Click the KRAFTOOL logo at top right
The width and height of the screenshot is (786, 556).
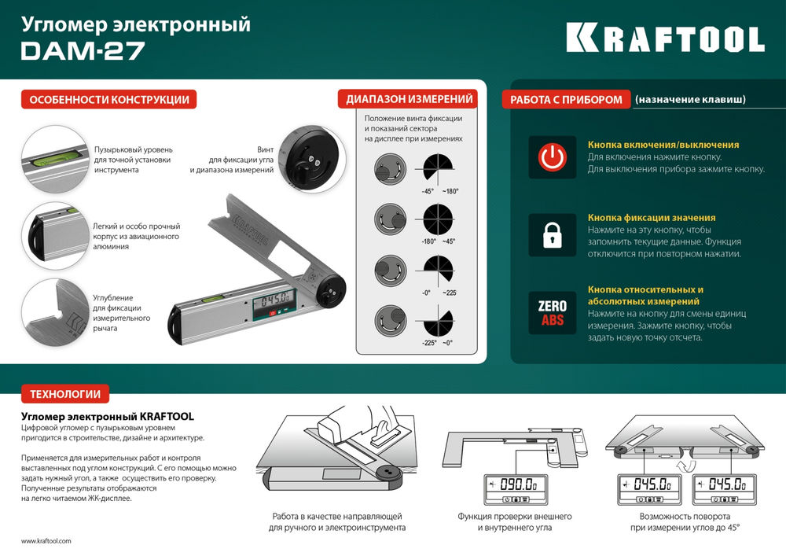point(664,37)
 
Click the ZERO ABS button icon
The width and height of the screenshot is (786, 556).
point(550,311)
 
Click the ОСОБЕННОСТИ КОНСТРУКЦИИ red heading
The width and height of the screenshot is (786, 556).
point(108,100)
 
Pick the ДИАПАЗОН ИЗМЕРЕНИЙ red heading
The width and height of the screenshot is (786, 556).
point(410,99)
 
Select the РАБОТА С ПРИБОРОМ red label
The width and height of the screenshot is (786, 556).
point(567,100)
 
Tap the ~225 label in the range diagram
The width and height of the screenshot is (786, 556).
point(450,293)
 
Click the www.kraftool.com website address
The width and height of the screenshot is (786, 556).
point(46,541)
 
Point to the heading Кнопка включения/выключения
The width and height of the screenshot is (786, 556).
point(663,145)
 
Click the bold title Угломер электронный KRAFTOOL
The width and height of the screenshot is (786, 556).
point(106,415)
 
